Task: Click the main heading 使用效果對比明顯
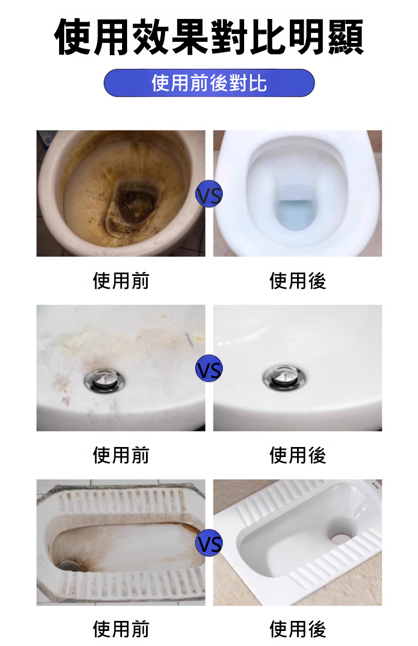coord(209,37)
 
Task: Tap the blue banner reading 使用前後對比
coord(209,83)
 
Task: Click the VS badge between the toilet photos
coord(209,194)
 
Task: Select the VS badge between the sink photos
coord(209,368)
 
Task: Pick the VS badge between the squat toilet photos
coord(209,543)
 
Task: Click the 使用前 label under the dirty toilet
coord(121,281)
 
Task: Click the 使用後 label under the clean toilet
coord(297,281)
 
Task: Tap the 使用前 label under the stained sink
coord(121,455)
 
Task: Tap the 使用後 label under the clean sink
coord(297,455)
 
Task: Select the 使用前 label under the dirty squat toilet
coord(121,629)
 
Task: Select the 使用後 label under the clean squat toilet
coord(297,629)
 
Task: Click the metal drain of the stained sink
coord(104,380)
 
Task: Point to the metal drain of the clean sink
coord(285,377)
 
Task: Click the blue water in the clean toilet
coord(295,214)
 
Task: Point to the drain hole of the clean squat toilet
coord(342,536)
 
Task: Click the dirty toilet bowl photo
coord(121,193)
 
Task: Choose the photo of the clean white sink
coord(297,368)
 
